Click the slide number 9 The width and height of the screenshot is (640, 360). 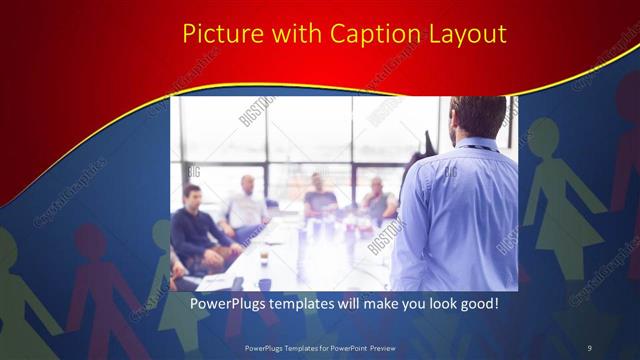589,347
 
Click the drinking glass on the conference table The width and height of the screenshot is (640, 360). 263,252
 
